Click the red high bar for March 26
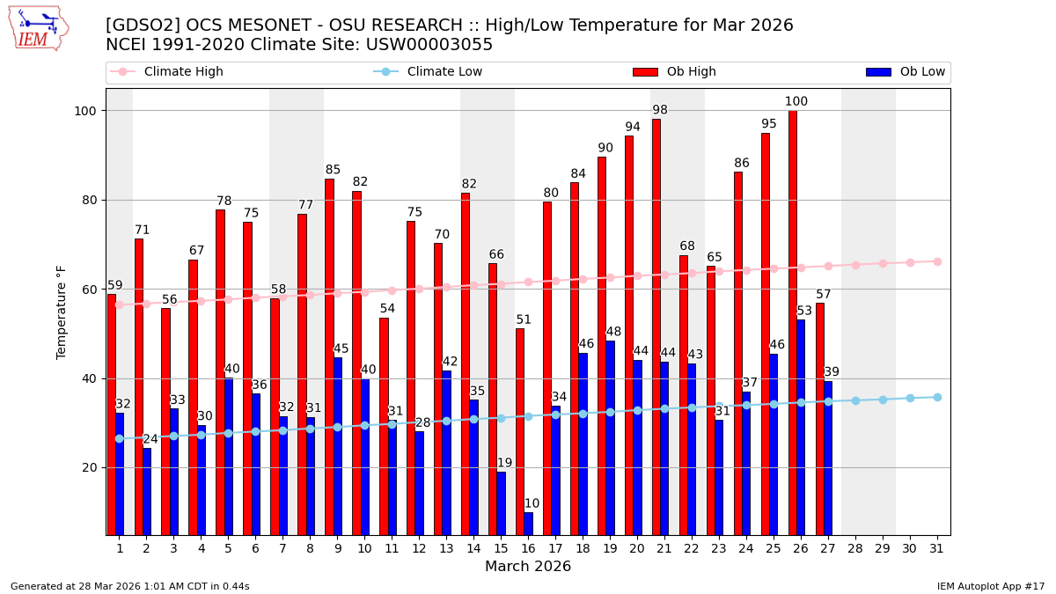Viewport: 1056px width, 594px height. click(x=793, y=322)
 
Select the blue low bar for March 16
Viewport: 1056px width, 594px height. click(x=528, y=524)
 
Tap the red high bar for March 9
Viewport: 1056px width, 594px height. click(x=329, y=356)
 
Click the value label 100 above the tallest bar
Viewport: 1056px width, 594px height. click(x=796, y=102)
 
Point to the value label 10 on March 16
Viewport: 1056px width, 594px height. click(x=532, y=504)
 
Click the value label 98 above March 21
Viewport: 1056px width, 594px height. click(x=660, y=110)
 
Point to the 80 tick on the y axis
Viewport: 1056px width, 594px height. click(x=92, y=200)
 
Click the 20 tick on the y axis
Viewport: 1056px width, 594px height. click(x=92, y=467)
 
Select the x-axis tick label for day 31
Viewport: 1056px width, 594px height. click(x=937, y=548)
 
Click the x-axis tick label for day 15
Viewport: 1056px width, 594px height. click(x=501, y=548)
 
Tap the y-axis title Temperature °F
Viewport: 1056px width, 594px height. click(x=62, y=312)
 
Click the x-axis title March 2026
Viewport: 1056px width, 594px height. click(x=528, y=567)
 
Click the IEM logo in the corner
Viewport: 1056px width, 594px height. click(x=38, y=28)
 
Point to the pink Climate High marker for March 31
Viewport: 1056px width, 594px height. click(x=937, y=261)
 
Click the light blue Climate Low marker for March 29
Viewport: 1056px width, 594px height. click(x=883, y=400)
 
